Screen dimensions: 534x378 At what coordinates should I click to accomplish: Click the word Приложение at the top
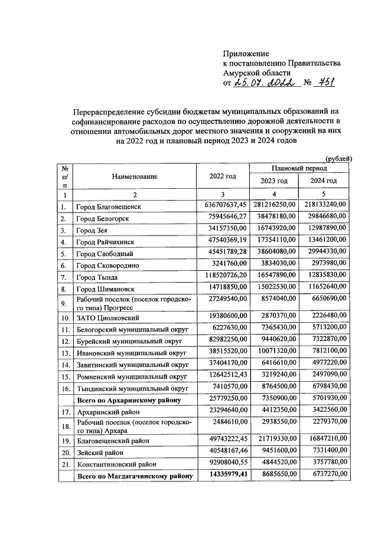[246, 53]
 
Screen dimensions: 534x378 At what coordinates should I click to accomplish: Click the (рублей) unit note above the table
[339, 158]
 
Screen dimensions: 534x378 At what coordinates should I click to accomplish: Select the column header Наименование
[135, 176]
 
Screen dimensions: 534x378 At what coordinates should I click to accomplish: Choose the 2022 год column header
[223, 176]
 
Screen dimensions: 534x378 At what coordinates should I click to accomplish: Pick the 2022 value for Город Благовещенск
[222, 205]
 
